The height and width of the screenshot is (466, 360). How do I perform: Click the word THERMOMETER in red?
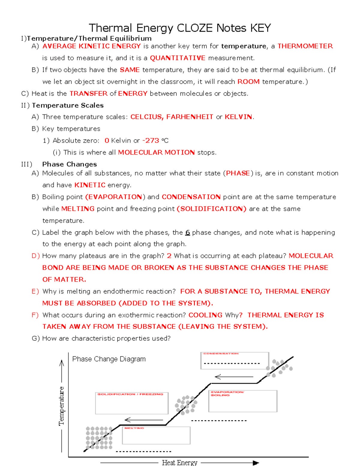coord(305,46)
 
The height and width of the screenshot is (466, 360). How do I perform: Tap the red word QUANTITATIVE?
coord(178,58)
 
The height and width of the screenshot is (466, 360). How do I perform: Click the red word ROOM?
coord(248,82)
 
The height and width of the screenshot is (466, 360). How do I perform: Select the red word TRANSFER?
coord(88,94)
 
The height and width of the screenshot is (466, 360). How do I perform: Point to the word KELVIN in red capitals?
coord(238,117)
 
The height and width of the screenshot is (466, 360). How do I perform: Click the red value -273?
coord(151,140)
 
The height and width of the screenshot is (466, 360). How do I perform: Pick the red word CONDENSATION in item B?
coord(191,197)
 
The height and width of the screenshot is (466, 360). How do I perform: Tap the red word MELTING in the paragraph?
coord(78,209)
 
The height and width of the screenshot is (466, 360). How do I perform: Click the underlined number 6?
coord(187,233)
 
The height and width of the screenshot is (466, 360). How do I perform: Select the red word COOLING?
coord(205,315)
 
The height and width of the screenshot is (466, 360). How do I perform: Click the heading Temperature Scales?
coord(68,105)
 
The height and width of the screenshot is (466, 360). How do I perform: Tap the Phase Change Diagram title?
coord(109,359)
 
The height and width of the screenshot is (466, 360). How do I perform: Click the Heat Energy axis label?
coord(179,462)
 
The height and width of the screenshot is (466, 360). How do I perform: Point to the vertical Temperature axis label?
coord(61,406)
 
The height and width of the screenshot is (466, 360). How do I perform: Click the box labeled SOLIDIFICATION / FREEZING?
coord(132,403)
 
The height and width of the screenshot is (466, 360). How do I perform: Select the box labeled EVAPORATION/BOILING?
coord(243,401)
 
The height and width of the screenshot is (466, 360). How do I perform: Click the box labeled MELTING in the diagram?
coord(156,435)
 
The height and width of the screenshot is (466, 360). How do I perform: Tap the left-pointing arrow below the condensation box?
coord(234,377)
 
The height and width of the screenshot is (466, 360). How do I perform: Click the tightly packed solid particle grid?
coord(99,438)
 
